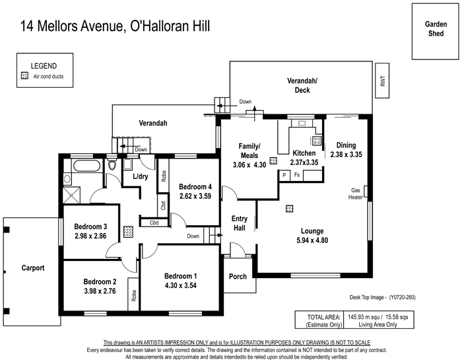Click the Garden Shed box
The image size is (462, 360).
click(x=435, y=32)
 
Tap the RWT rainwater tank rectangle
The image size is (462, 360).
click(x=382, y=81)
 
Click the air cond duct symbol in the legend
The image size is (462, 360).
click(x=25, y=76)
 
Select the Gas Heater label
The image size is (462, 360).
click(x=355, y=194)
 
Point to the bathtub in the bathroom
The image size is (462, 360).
click(x=87, y=165)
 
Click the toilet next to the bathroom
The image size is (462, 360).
click(x=112, y=164)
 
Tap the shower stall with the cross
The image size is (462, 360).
click(x=71, y=195)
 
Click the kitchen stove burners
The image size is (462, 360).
click(x=317, y=141)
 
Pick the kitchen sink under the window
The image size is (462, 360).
click(x=302, y=124)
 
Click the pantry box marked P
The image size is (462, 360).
click(x=284, y=176)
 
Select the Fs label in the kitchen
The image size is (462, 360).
click(x=297, y=175)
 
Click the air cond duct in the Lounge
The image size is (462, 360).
click(x=289, y=209)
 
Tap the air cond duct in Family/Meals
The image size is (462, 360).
click(x=273, y=161)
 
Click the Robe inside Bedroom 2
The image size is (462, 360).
click(x=133, y=294)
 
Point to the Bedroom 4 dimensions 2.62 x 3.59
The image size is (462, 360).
click(x=195, y=196)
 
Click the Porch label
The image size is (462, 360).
click(x=238, y=277)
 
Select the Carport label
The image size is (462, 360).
click(x=33, y=268)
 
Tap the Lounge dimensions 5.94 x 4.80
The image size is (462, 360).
click(x=312, y=240)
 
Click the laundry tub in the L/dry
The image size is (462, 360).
click(x=127, y=164)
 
